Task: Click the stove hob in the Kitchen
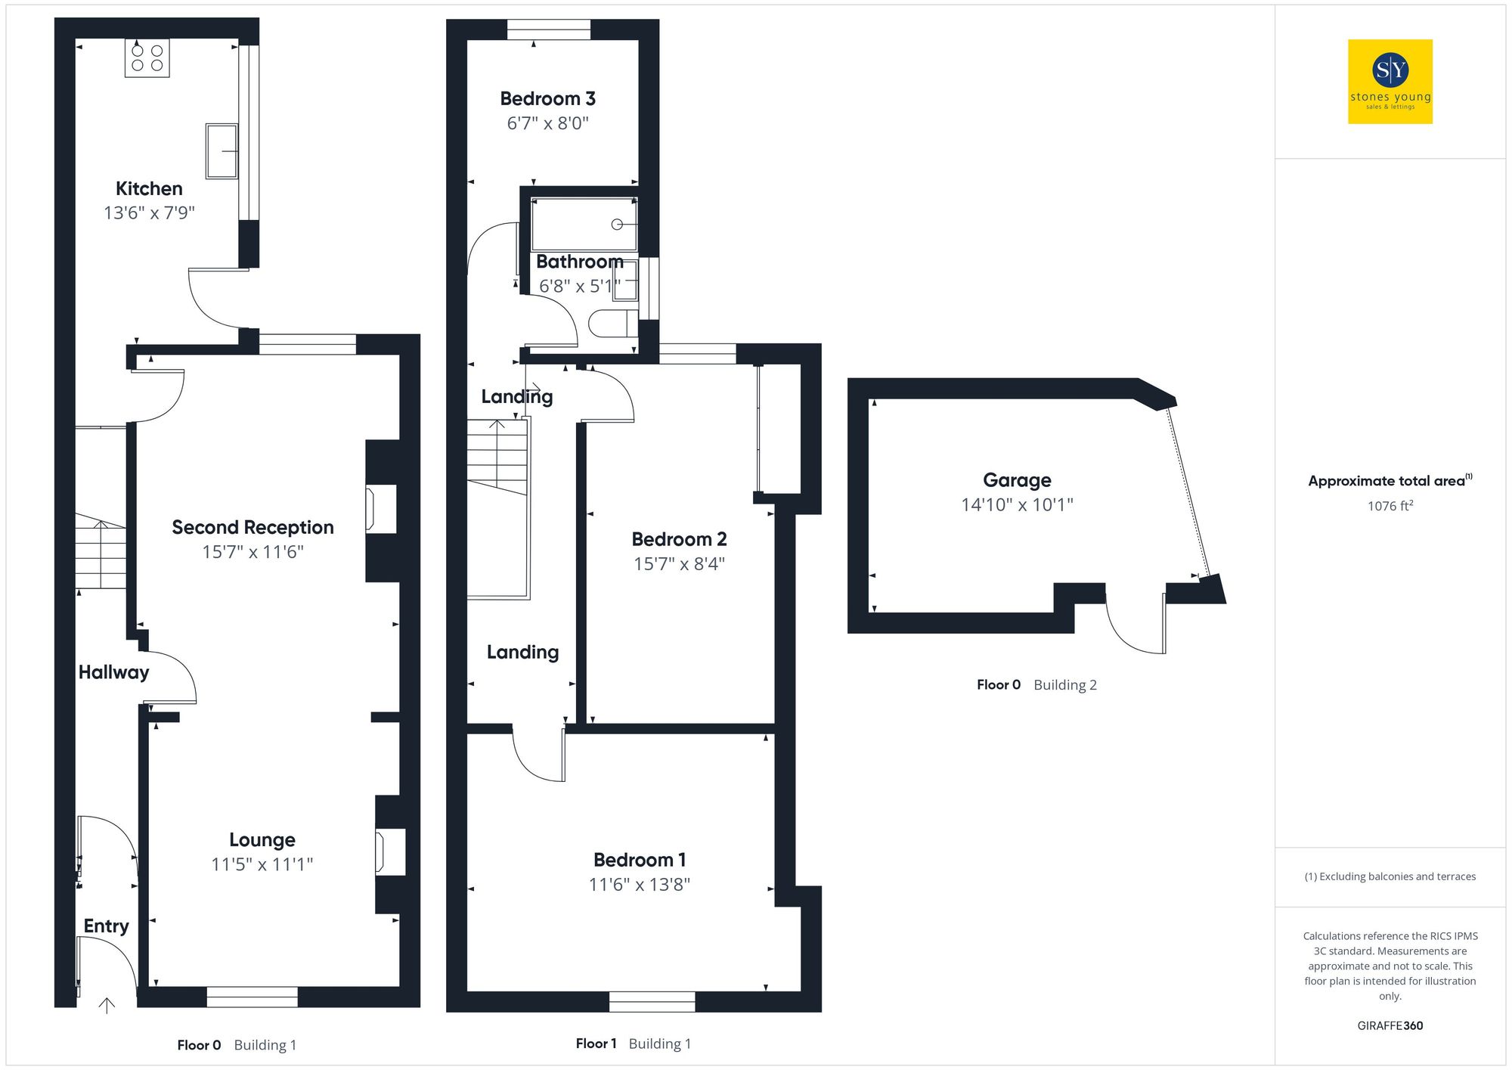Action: [147, 58]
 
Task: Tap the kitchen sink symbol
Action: [222, 151]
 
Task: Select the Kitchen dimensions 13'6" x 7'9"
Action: [149, 213]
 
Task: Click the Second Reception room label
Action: [253, 527]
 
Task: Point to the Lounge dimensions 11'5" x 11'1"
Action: [262, 864]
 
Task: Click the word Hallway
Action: [113, 672]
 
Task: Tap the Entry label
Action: [106, 926]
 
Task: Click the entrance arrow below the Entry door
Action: [107, 1006]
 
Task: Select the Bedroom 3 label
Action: [547, 99]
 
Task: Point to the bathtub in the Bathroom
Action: [584, 224]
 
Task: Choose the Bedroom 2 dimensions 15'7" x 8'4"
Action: [679, 564]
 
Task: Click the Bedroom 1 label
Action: [639, 860]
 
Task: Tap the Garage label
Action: [1017, 480]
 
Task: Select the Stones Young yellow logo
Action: [1390, 82]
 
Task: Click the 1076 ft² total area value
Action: [1390, 506]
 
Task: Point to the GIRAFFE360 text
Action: [1390, 1026]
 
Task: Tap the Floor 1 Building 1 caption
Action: [633, 1044]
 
